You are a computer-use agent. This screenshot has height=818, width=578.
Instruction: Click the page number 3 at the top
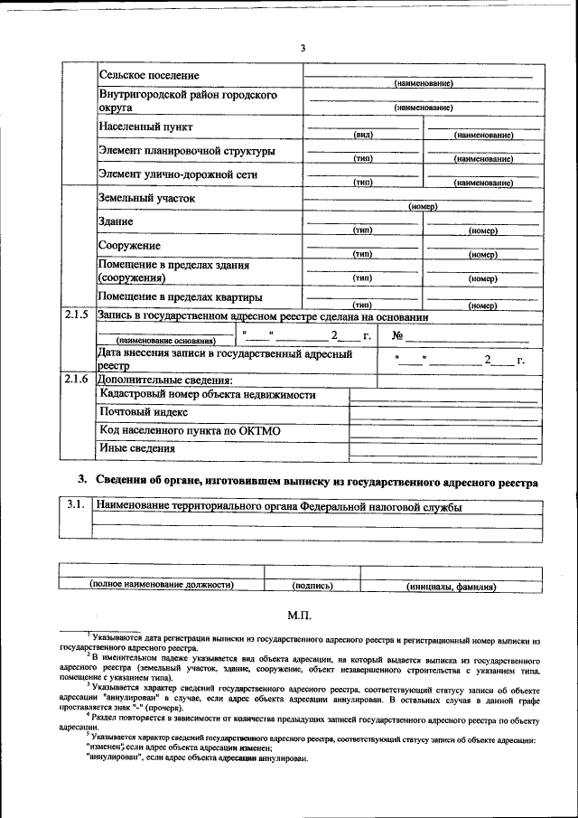303,48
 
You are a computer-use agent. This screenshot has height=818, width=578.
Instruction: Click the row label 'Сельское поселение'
149,75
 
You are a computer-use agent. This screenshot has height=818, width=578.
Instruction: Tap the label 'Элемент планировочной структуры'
187,151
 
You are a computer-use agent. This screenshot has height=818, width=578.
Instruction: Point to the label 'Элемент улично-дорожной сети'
178,174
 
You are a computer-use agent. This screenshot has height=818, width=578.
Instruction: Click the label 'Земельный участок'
146,198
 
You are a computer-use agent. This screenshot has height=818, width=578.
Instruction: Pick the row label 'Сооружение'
129,246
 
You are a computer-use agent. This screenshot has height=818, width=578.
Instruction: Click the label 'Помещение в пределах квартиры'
181,296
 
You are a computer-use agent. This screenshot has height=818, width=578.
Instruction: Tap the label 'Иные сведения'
137,447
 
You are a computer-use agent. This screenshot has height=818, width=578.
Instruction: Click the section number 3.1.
77,507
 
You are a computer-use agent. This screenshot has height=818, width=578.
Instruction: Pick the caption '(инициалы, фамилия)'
451,586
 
